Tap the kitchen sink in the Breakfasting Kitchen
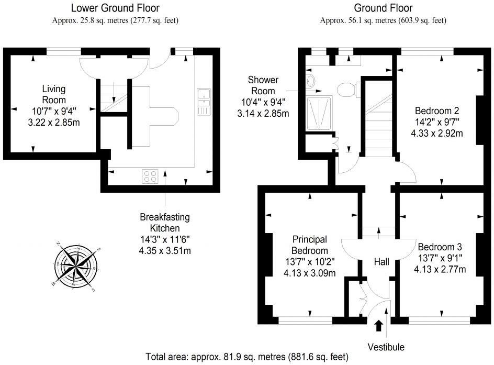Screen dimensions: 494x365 coord(204,102)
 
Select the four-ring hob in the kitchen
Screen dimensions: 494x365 coord(150,176)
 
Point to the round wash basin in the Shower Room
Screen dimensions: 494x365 coord(310,81)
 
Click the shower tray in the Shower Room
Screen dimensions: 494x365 coord(319,113)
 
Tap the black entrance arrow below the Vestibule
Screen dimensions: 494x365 coord(379,326)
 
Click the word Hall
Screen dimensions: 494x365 coord(381,262)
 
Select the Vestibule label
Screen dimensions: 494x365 coord(386,347)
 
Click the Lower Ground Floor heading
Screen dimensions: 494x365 coord(115,8)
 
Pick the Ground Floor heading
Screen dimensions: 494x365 coord(383,8)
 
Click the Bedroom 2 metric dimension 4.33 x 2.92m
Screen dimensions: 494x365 coord(436,134)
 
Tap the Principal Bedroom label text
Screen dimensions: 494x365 coord(310,245)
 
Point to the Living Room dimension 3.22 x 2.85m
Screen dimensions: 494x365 coord(54,123)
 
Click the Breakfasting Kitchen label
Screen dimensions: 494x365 coord(165,223)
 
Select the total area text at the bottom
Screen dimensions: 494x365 coord(247,357)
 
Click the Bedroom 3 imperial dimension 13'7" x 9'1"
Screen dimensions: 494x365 coord(440,258)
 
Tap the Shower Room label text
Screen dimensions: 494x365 coord(263,85)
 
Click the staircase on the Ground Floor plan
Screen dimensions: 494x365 coord(378,118)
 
